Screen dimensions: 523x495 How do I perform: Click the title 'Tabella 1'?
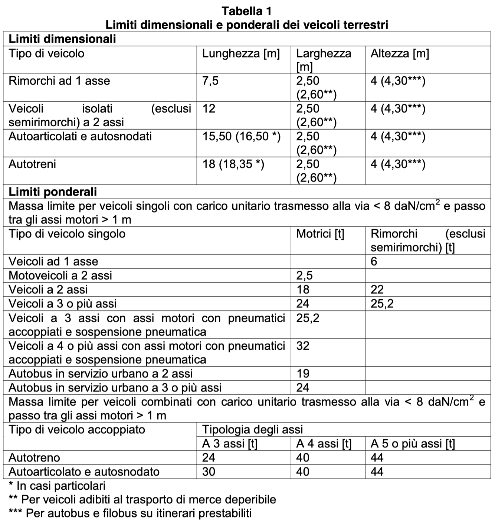247,11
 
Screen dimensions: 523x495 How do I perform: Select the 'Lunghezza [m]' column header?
241,54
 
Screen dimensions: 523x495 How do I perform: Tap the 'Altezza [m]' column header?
400,54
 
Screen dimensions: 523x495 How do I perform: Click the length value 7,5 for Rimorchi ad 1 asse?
210,81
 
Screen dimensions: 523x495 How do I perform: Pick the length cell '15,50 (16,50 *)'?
241,137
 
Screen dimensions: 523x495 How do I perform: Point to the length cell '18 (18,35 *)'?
233,164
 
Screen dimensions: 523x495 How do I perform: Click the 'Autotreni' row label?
32,164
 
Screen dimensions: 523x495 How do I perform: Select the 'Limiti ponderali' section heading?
53,192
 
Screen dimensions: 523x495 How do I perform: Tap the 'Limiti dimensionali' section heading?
62,39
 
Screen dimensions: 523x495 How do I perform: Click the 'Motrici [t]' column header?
320,234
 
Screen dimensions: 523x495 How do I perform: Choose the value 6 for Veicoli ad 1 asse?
374,261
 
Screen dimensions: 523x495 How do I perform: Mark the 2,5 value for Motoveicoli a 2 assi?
304,276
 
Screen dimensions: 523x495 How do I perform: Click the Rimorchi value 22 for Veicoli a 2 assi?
377,290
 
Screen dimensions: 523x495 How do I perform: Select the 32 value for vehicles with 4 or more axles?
303,346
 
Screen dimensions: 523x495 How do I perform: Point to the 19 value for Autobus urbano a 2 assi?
303,374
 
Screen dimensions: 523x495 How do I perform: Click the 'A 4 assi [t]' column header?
324,444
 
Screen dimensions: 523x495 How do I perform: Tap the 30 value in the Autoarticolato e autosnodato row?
209,472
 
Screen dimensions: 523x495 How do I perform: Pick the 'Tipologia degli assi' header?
252,430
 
